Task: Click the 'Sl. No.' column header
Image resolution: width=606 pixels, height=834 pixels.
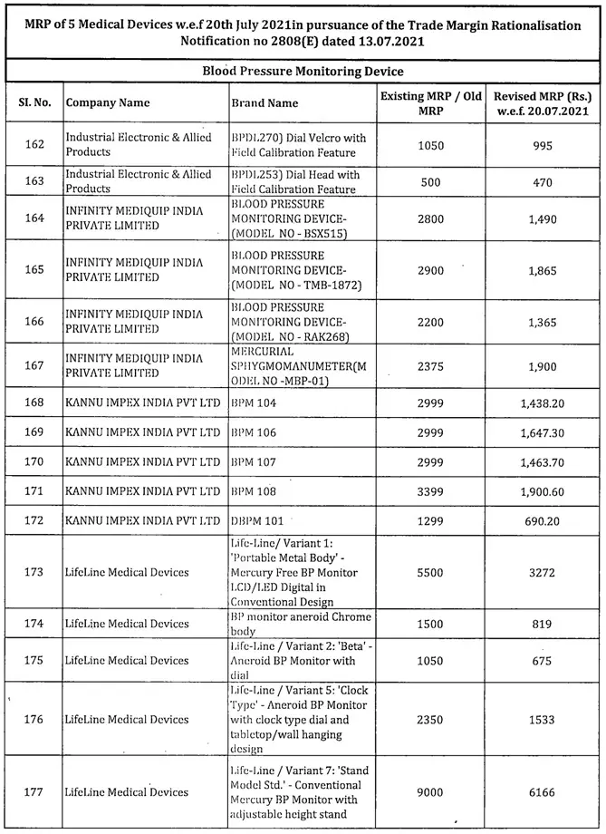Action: pos(34,103)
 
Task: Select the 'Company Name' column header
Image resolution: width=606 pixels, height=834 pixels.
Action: pos(108,103)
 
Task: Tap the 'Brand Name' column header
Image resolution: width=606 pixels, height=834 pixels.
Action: pos(265,103)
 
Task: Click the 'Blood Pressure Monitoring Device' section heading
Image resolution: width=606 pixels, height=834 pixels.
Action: pos(303,71)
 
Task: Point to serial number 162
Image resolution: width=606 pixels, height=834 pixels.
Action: pos(34,145)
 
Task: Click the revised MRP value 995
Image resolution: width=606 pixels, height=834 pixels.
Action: pos(543,145)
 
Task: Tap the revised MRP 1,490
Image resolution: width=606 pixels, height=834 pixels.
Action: pos(543,218)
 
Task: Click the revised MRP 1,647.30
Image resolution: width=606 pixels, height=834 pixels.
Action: pos(543,432)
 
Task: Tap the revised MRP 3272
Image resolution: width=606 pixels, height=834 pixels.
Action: pos(543,572)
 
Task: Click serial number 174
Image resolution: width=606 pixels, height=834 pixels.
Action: pos(34,623)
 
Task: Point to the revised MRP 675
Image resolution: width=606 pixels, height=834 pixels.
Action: pos(543,660)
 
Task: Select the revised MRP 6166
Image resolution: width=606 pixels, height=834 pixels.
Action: pos(543,792)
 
